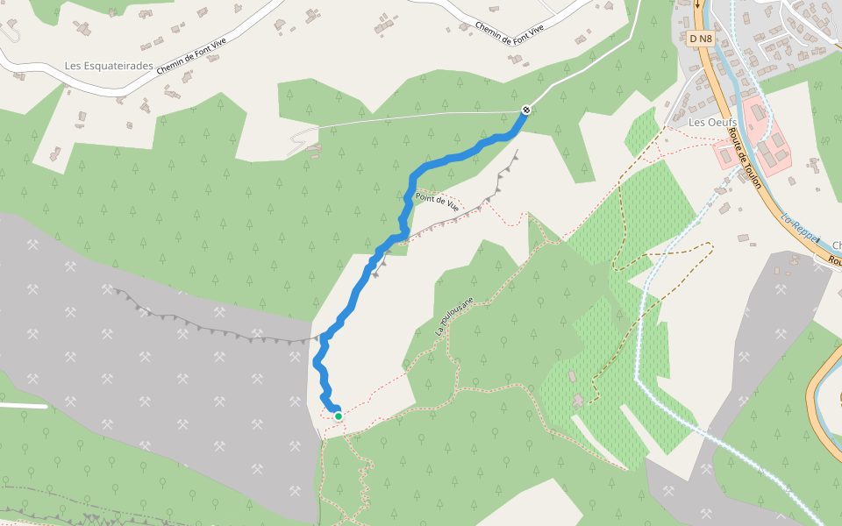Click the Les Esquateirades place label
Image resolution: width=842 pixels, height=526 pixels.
(x=110, y=66)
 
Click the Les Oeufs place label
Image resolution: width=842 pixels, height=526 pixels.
(x=710, y=122)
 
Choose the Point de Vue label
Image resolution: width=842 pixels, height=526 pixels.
(x=438, y=202)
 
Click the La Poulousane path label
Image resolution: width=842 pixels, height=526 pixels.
(x=454, y=316)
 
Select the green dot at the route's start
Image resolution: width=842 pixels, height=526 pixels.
(x=338, y=416)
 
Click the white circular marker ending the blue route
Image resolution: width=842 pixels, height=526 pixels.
(x=525, y=110)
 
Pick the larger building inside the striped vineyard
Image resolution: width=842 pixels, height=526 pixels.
(x=576, y=401)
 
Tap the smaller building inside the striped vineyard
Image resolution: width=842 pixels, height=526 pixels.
(x=572, y=376)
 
